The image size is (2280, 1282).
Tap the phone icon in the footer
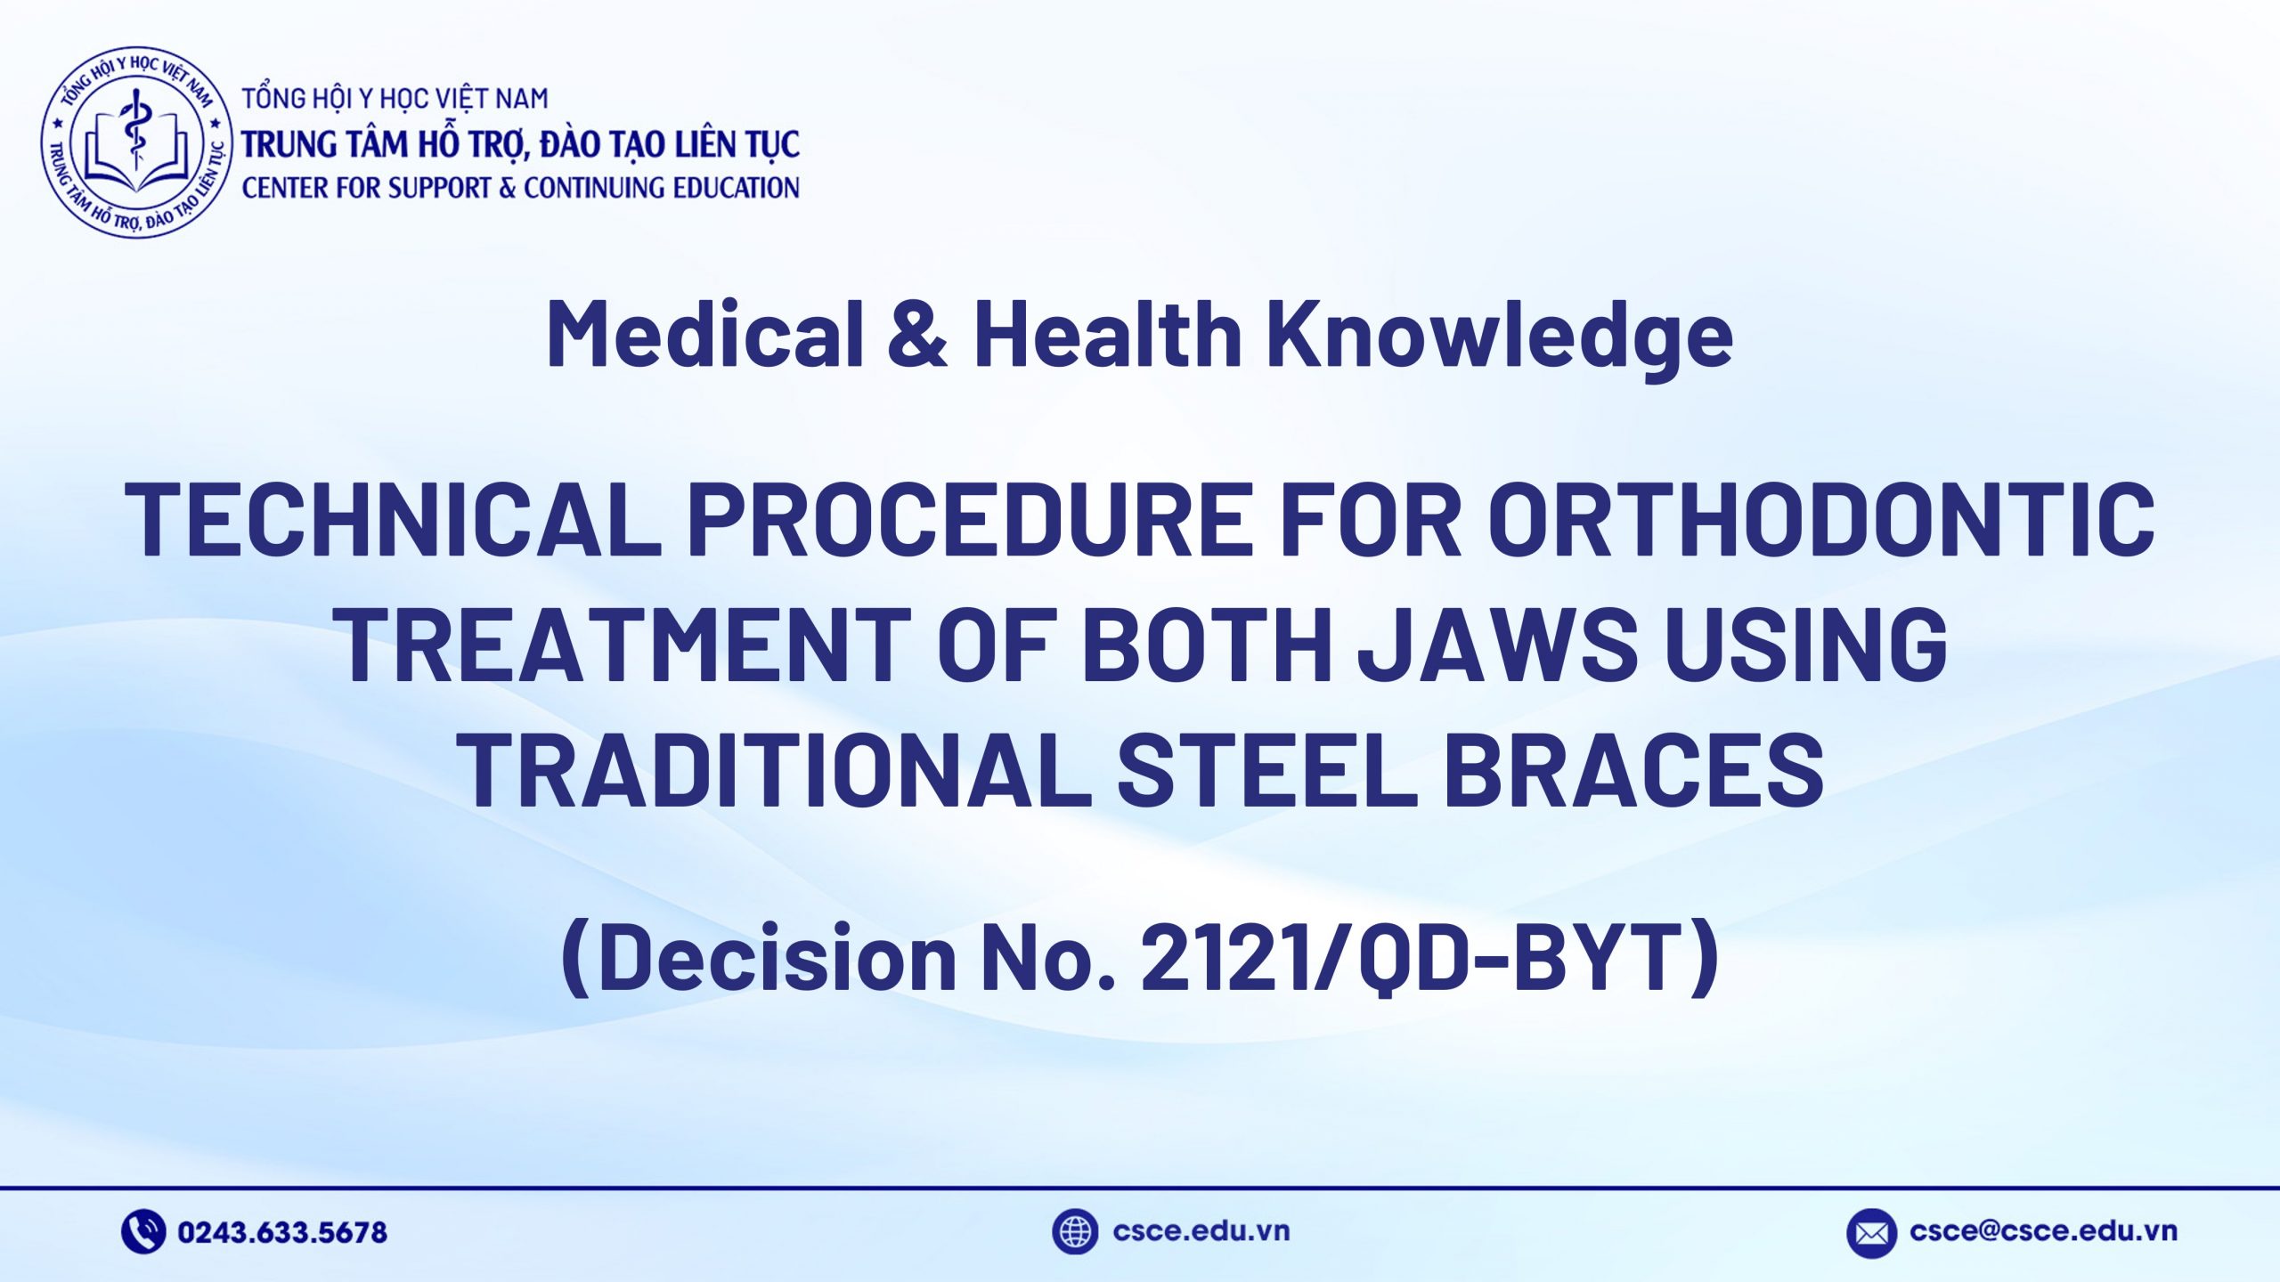[x=143, y=1232]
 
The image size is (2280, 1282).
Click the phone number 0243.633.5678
[x=282, y=1232]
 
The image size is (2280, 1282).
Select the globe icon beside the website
[x=1074, y=1232]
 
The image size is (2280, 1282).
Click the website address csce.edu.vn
[x=1201, y=1231]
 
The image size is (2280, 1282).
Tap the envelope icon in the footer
[x=1871, y=1233]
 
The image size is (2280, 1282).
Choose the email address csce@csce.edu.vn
[x=2043, y=1231]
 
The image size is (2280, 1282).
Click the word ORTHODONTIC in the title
[x=1821, y=519]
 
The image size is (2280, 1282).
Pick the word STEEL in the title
[x=1266, y=768]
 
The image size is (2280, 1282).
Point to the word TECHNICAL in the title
[x=393, y=519]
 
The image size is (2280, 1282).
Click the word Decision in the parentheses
[x=777, y=958]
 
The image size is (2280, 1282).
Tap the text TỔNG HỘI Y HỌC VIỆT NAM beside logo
[x=395, y=99]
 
